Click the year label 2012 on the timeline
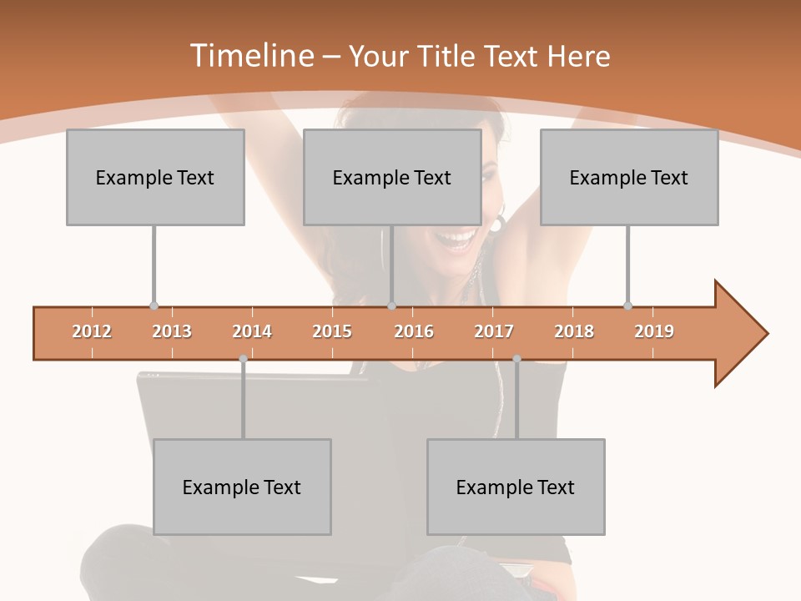tap(92, 331)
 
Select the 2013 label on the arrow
tap(172, 331)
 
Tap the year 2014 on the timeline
tap(252, 331)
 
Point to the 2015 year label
tap(332, 331)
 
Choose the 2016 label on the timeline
tap(414, 331)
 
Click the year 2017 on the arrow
tap(494, 331)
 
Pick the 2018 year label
tap(574, 331)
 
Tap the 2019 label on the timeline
tap(654, 331)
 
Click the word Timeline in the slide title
tap(250, 56)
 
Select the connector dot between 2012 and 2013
tap(154, 306)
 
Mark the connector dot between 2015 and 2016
tap(391, 306)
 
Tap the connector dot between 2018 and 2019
tap(627, 306)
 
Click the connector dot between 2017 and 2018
tap(516, 359)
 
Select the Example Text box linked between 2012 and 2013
tap(155, 177)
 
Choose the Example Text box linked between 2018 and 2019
tap(629, 177)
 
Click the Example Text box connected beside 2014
tap(242, 487)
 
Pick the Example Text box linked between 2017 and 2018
tap(516, 487)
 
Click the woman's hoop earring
tap(498, 224)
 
